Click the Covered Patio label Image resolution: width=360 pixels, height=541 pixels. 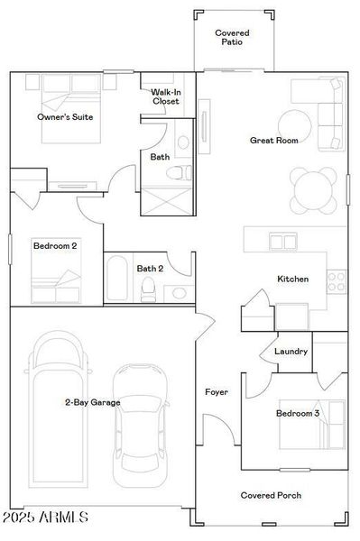[x=232, y=38]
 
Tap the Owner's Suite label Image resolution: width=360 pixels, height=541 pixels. [x=65, y=117]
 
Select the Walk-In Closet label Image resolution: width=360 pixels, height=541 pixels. [x=165, y=96]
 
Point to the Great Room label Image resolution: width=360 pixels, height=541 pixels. [x=274, y=141]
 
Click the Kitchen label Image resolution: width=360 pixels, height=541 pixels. [x=293, y=280]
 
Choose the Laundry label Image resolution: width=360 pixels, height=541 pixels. [x=291, y=352]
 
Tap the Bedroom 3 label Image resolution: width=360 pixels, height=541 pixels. [x=298, y=414]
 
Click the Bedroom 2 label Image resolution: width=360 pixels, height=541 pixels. [x=55, y=245]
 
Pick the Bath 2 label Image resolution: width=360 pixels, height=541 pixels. [x=150, y=268]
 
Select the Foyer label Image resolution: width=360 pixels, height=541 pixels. [x=217, y=393]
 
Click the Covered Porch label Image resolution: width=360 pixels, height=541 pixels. [x=271, y=495]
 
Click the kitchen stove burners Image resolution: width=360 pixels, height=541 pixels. [x=337, y=281]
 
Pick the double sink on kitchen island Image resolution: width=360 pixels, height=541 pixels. [x=282, y=241]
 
